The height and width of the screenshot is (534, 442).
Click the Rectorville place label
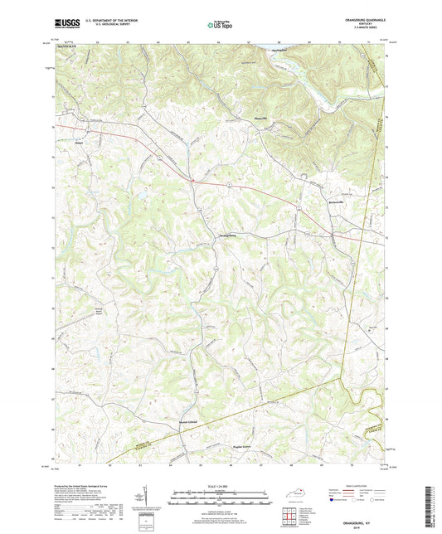332,201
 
